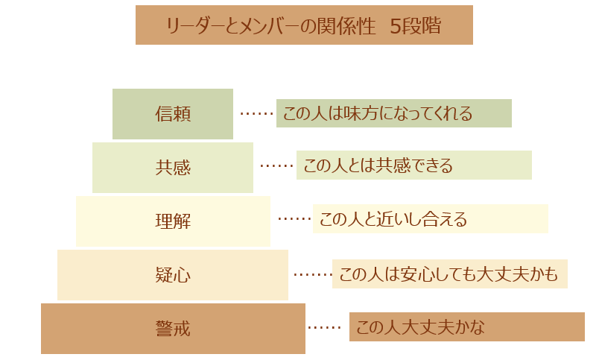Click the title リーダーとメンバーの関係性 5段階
(x=304, y=25)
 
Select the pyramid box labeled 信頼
(x=173, y=114)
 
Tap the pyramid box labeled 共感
(x=173, y=168)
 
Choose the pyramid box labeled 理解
(x=173, y=221)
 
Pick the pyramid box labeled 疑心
(x=173, y=275)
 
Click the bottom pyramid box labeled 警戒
(x=173, y=329)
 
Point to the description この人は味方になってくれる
(x=393, y=113)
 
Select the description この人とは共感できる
(x=413, y=165)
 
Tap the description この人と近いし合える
(x=430, y=219)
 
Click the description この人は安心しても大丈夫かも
(x=449, y=274)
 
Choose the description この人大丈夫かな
(x=466, y=326)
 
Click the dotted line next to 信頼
(x=256, y=114)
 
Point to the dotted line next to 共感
(x=276, y=166)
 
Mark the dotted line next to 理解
(x=294, y=219)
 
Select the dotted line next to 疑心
(x=312, y=274)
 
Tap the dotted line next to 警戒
(x=324, y=327)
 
